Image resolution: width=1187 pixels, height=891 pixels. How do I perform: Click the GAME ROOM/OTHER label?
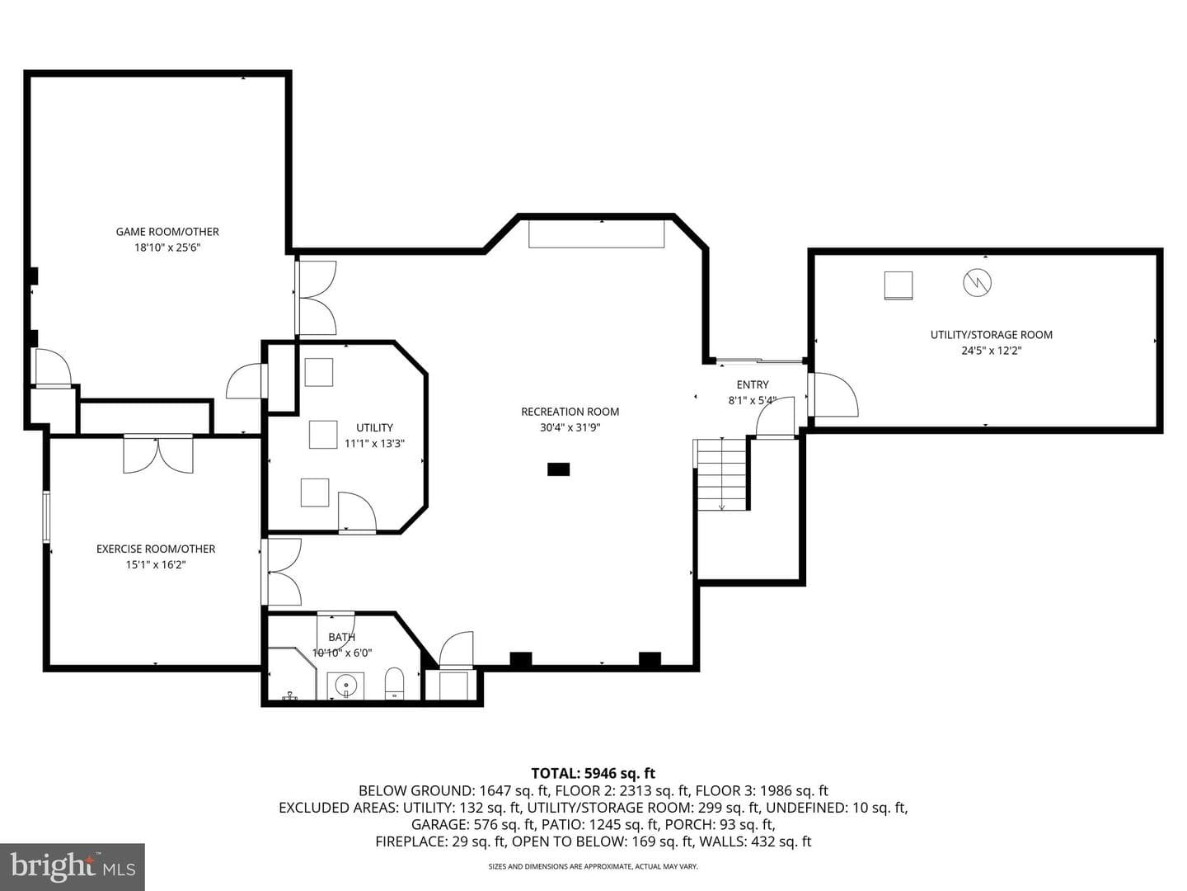[167, 232]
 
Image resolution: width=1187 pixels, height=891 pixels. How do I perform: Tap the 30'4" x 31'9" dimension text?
[570, 427]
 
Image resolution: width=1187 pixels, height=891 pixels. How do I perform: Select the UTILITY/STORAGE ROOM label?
[992, 334]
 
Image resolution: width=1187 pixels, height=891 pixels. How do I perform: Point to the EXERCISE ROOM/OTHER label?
[156, 549]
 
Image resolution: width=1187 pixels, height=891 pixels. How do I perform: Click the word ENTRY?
[753, 384]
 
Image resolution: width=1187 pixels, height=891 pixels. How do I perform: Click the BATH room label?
[342, 637]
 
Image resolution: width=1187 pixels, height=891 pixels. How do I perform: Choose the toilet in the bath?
[394, 683]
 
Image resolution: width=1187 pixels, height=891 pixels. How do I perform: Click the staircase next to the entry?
[720, 474]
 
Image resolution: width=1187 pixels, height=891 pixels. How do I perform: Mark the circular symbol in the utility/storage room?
[977, 282]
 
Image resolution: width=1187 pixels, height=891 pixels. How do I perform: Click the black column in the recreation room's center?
[558, 469]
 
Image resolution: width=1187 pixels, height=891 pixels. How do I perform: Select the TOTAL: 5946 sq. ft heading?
[593, 773]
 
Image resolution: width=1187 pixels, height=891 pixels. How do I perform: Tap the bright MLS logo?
[73, 866]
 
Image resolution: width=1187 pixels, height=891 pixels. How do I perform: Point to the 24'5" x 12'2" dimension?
[992, 350]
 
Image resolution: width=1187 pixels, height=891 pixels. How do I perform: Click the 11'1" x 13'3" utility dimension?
[374, 444]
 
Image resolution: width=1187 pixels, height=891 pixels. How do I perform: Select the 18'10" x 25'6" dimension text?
[167, 247]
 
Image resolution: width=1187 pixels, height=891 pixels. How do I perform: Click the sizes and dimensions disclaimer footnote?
[593, 866]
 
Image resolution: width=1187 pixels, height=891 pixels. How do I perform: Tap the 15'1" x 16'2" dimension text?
[156, 564]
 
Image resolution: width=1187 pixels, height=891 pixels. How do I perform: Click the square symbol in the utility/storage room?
[898, 285]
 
